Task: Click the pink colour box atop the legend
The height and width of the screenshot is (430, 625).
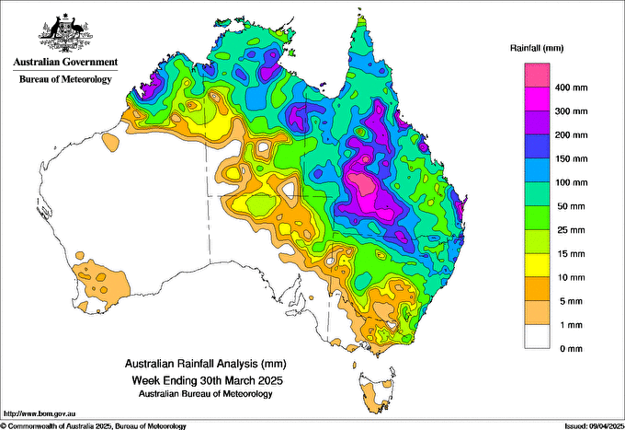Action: (x=537, y=75)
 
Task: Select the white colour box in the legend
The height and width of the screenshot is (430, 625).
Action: (x=537, y=337)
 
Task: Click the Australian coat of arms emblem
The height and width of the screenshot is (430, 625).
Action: (x=65, y=32)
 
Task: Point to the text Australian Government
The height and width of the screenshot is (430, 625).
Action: (x=65, y=63)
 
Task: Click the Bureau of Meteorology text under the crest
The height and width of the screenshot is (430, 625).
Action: (x=65, y=79)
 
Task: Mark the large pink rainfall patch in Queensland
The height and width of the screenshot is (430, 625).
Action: (x=372, y=189)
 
